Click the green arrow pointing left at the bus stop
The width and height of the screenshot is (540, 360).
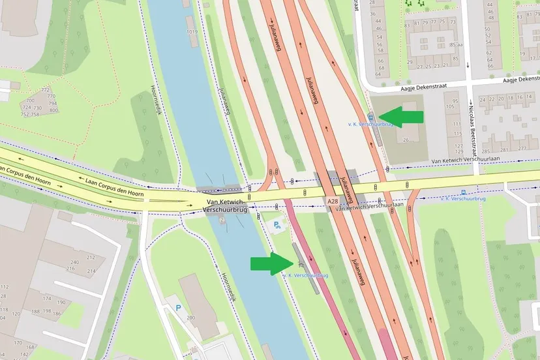[400, 117]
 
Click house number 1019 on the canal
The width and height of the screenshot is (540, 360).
[191, 31]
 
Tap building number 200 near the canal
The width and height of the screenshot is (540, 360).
[191, 317]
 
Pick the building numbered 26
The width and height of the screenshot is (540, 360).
[405, 140]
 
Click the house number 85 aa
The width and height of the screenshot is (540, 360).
[457, 44]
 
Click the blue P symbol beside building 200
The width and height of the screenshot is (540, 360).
[177, 308]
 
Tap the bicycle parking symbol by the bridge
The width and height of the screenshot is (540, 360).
[277, 226]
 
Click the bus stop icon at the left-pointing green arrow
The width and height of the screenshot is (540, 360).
[371, 117]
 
